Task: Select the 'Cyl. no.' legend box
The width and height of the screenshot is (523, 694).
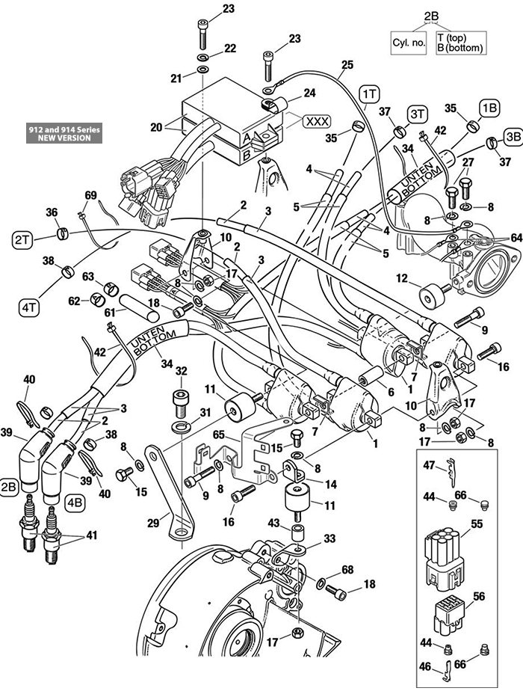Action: (409, 43)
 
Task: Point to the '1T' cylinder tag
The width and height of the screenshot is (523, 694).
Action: (369, 93)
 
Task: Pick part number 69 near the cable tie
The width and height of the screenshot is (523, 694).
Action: (90, 196)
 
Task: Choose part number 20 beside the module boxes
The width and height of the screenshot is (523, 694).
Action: (155, 127)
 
